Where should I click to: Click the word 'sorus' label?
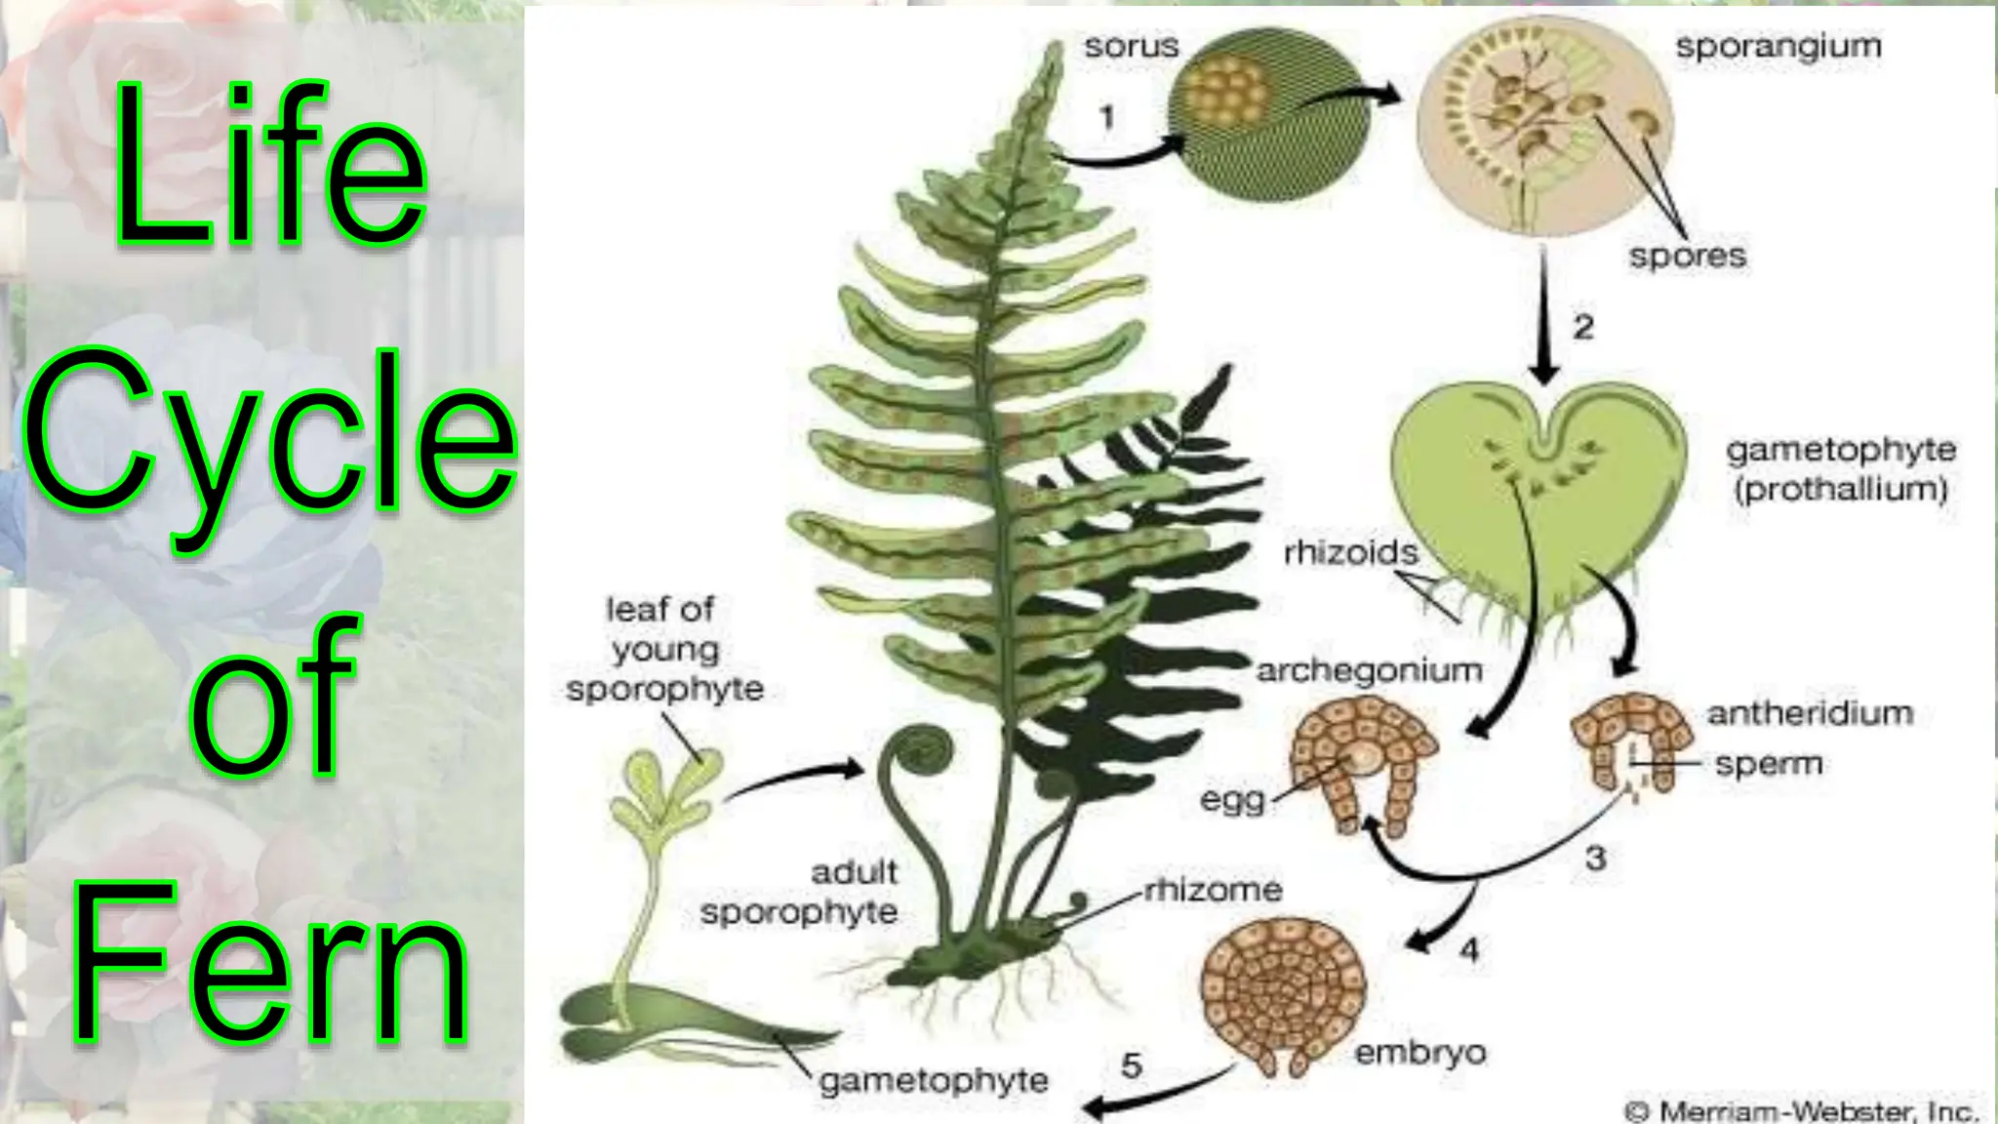tap(1132, 46)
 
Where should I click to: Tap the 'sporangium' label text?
tap(1778, 47)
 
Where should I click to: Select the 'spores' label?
tap(1687, 256)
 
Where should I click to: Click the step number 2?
tap(1582, 326)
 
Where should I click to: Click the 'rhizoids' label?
tap(1350, 552)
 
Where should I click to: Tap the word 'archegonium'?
tap(1369, 670)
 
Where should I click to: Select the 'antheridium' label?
tap(1810, 713)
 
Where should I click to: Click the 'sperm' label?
tap(1769, 763)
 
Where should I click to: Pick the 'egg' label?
tap(1232, 801)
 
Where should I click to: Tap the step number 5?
tap(1131, 1065)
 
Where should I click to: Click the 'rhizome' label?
tap(1213, 890)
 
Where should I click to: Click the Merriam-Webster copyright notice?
tap(1801, 1110)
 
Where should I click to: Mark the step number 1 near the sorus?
tap(1106, 118)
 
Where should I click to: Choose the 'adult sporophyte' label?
tap(799, 892)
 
